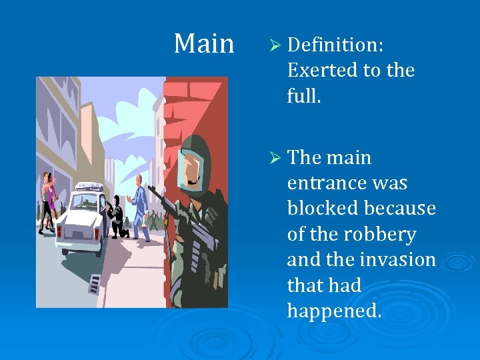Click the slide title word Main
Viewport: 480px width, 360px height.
pos(204,45)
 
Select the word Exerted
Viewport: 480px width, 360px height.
pos(323,70)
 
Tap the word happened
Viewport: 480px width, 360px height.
pos(334,311)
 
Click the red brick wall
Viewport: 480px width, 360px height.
pos(193,107)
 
